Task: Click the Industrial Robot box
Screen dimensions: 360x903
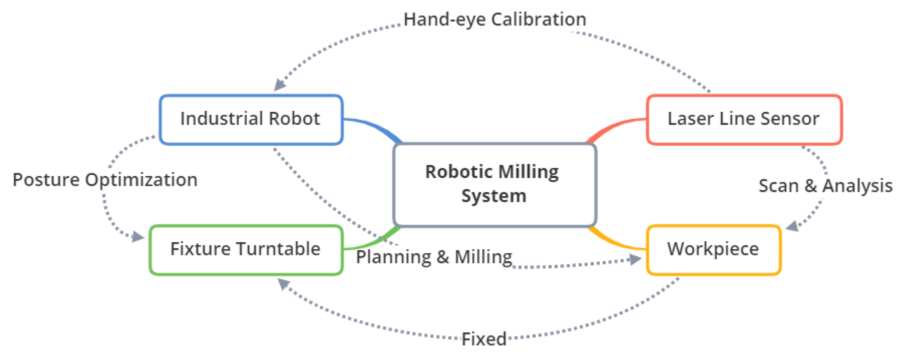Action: pyautogui.click(x=251, y=119)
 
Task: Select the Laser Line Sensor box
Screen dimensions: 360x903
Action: pyautogui.click(x=744, y=119)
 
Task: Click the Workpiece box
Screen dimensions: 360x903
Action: pyautogui.click(x=713, y=249)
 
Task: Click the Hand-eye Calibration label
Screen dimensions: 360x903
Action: pyautogui.click(x=495, y=19)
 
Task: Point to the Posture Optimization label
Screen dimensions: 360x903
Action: pyautogui.click(x=105, y=180)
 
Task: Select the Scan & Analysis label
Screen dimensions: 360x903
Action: pyautogui.click(x=825, y=186)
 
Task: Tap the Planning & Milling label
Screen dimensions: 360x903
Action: pyautogui.click(x=434, y=257)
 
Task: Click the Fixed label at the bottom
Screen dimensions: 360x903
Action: pyautogui.click(x=484, y=339)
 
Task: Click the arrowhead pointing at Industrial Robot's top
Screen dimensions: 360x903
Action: pyautogui.click(x=279, y=84)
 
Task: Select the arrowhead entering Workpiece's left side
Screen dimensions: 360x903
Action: pyautogui.click(x=635, y=259)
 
